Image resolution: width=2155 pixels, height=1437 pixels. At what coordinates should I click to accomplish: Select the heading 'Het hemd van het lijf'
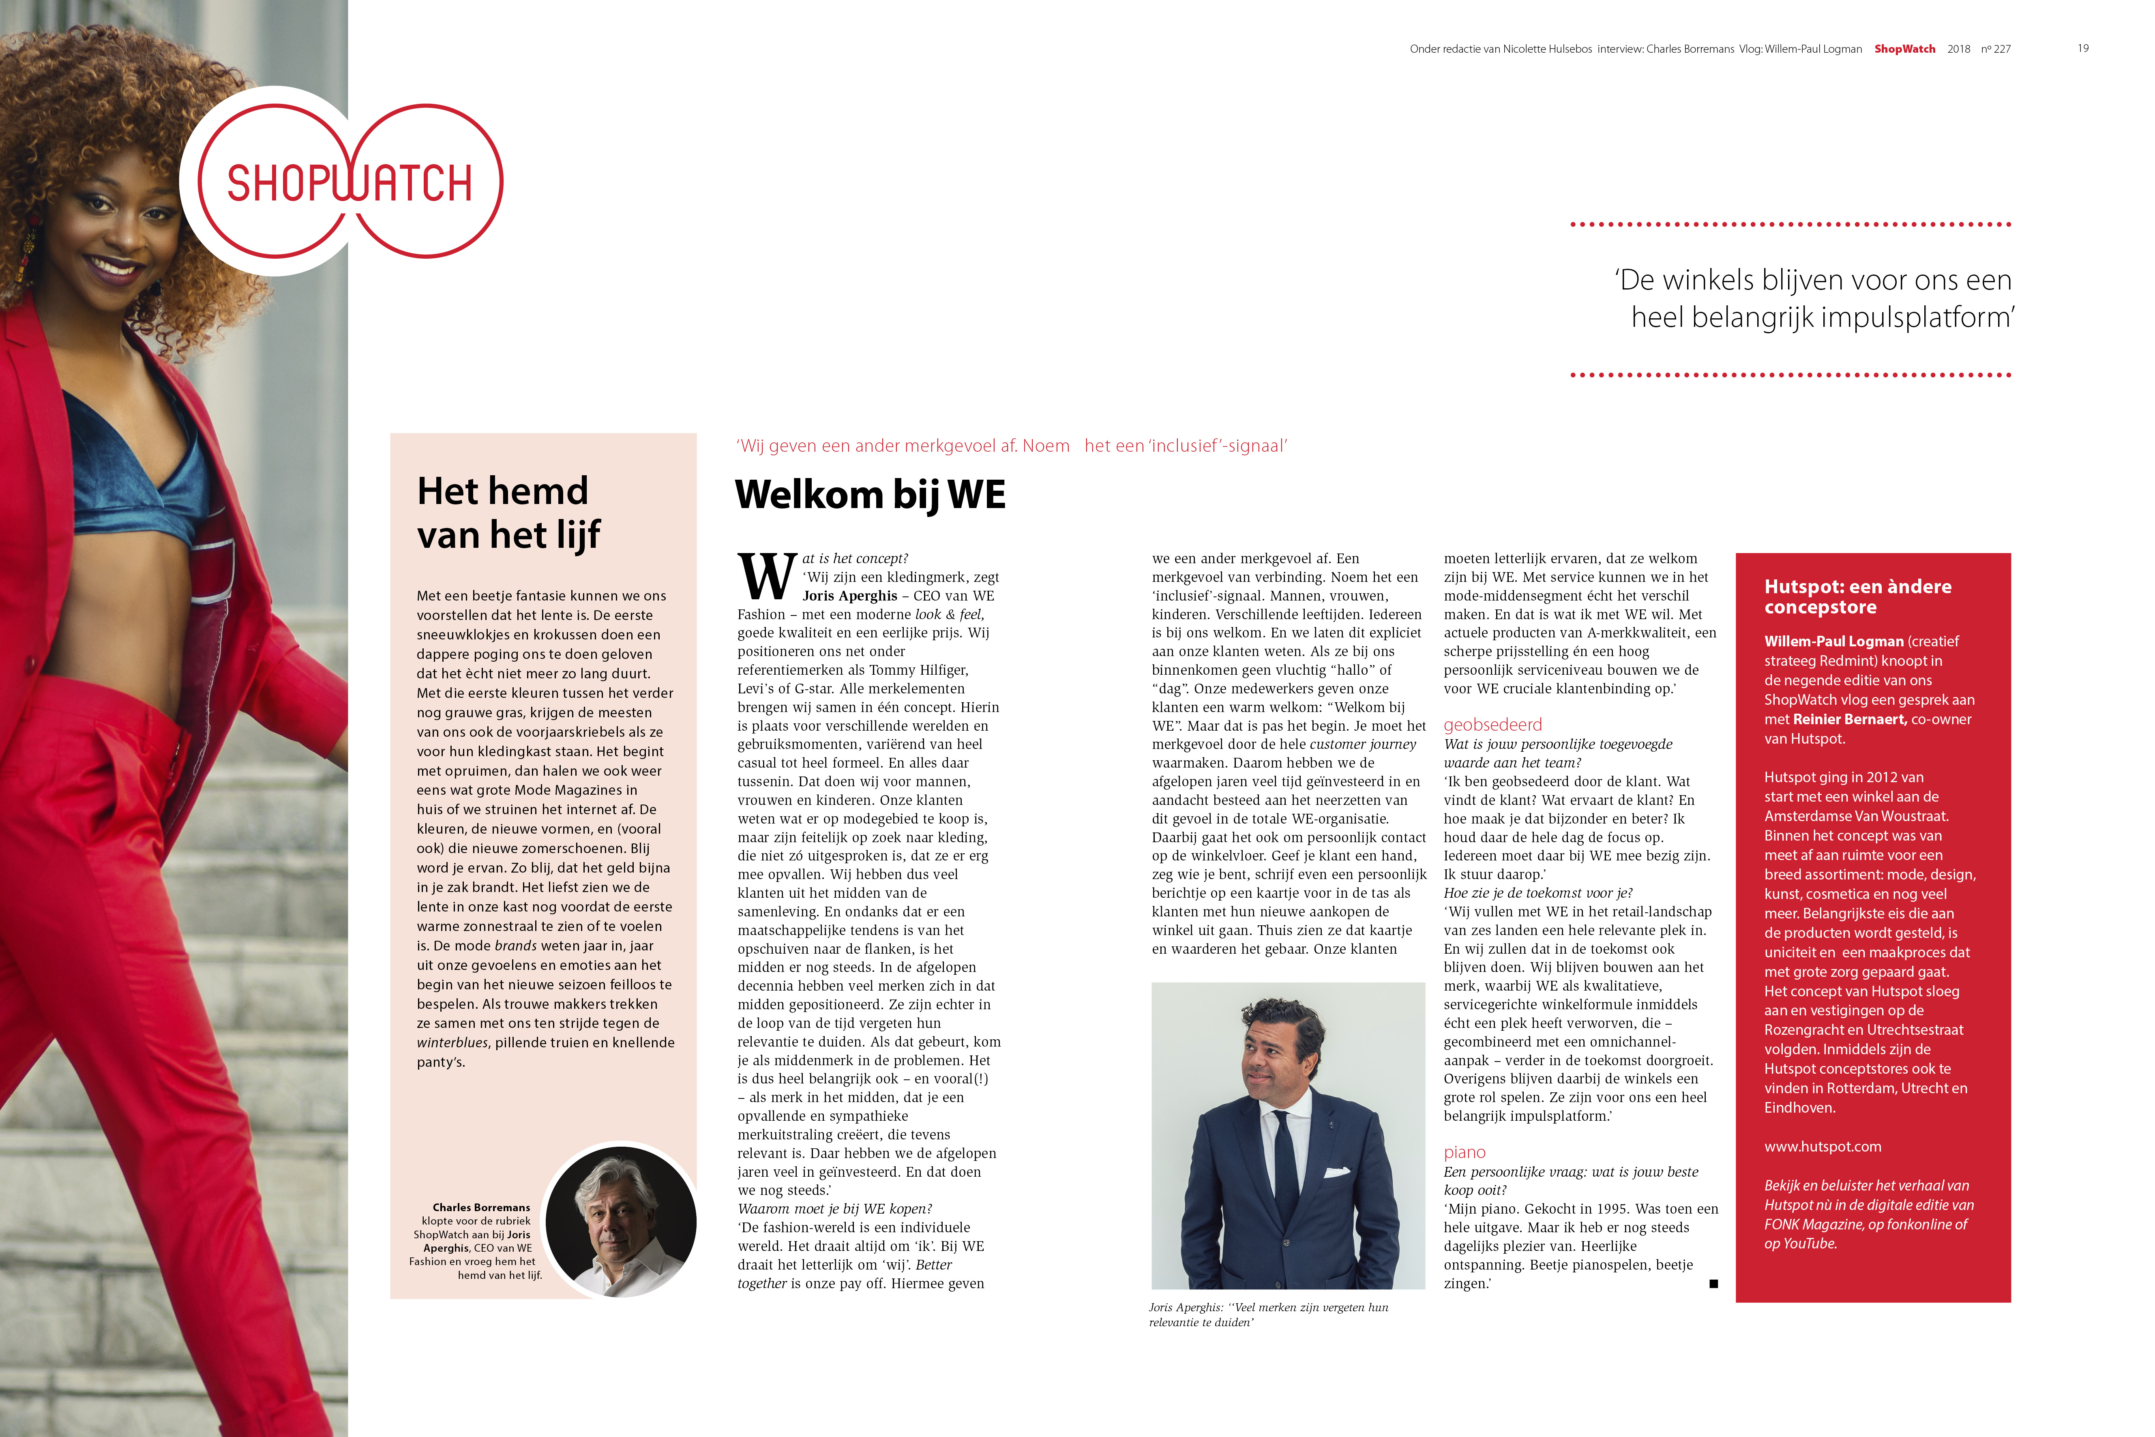click(508, 513)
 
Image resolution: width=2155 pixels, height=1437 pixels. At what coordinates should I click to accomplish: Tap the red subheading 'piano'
click(1464, 1152)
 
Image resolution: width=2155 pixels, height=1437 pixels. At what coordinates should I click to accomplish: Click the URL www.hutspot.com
click(1823, 1147)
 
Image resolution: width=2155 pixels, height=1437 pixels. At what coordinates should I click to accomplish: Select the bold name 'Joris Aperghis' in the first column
click(849, 596)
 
